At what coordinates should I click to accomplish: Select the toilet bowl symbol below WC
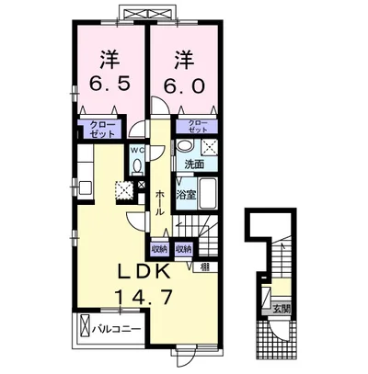pyautogui.click(x=136, y=165)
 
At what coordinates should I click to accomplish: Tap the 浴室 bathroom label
pyautogui.click(x=186, y=194)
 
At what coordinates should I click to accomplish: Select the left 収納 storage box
pyautogui.click(x=158, y=249)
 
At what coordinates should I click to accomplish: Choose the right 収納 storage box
pyautogui.click(x=183, y=249)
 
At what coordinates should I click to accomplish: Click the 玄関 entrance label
pyautogui.click(x=281, y=308)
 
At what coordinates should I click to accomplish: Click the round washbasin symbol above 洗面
pyautogui.click(x=183, y=147)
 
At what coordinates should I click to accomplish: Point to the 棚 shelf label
pyautogui.click(x=203, y=267)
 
